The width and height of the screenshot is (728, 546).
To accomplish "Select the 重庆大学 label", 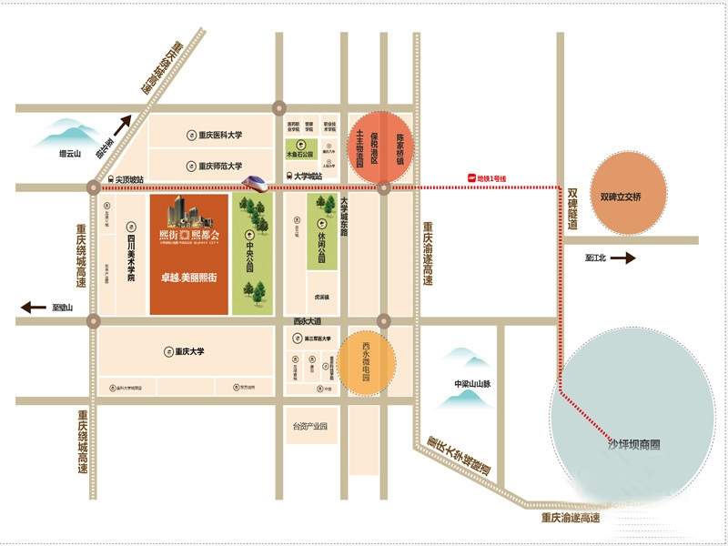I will click(190, 351).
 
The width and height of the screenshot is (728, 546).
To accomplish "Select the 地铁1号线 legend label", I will click(490, 177).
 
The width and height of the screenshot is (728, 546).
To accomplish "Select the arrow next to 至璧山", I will click(34, 308).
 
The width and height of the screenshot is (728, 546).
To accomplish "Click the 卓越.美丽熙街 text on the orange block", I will click(188, 276).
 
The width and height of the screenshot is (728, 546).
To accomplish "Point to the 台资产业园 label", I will click(309, 426).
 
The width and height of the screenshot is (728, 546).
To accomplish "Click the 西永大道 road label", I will click(308, 321).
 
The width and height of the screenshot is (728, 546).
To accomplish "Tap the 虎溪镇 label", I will click(321, 297).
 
